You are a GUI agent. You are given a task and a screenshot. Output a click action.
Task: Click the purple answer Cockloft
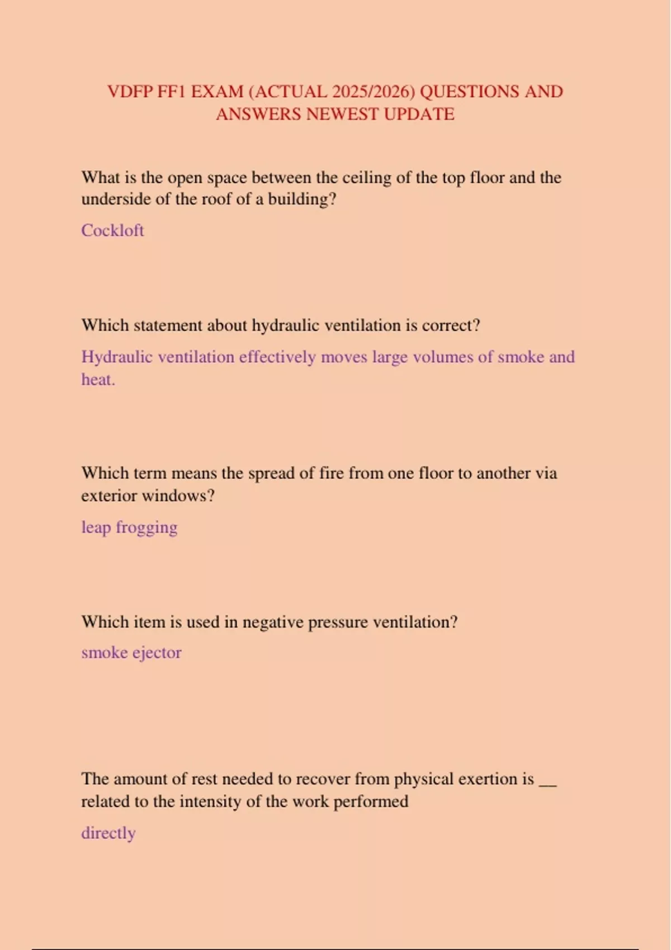pyautogui.click(x=112, y=230)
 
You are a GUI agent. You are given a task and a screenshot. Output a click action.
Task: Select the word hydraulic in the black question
pyautogui.click(x=286, y=325)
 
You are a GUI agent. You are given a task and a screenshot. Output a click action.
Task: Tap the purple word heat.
pyautogui.click(x=98, y=380)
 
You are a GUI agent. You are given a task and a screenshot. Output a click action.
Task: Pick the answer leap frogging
pyautogui.click(x=129, y=528)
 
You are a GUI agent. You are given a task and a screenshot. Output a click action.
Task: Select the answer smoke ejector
pyautogui.click(x=131, y=653)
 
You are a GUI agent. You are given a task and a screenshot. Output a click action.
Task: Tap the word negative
pyautogui.click(x=272, y=622)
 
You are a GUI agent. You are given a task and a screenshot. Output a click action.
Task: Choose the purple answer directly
pyautogui.click(x=108, y=833)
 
